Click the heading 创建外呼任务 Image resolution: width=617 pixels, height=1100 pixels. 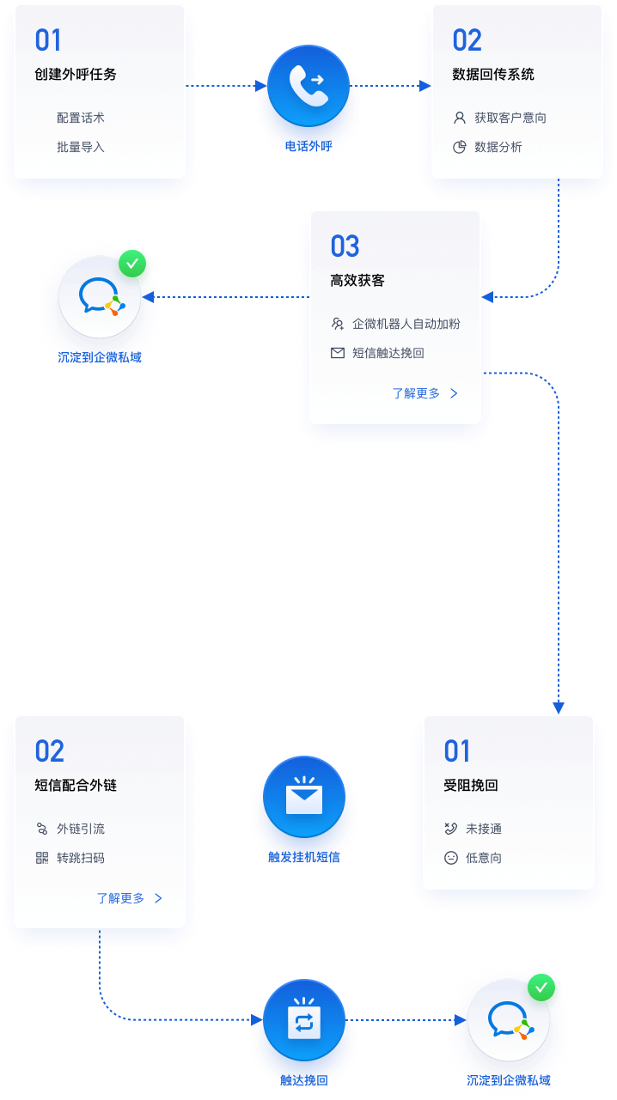point(76,75)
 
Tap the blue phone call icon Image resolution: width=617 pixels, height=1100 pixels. point(307,86)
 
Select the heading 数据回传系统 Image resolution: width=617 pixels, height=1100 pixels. point(493,75)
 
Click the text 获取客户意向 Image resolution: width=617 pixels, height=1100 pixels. point(510,118)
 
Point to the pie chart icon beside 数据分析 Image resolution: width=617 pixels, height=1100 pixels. point(460,147)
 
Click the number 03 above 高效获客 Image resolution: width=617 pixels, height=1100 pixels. point(345,247)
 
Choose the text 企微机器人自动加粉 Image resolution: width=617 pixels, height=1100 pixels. point(406,324)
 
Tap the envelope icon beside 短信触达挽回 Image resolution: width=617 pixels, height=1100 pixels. point(338,353)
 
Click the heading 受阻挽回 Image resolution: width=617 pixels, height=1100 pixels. point(471,786)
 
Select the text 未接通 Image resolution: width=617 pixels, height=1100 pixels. point(484,829)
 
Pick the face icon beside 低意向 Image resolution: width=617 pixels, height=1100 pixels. point(451,858)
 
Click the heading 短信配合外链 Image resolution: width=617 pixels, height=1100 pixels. point(76,786)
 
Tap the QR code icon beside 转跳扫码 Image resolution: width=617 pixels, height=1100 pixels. point(42,858)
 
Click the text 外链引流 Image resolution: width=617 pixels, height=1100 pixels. point(81,829)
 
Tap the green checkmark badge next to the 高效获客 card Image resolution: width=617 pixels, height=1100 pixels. point(131,264)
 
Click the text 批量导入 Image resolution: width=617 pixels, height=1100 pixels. point(81,147)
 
